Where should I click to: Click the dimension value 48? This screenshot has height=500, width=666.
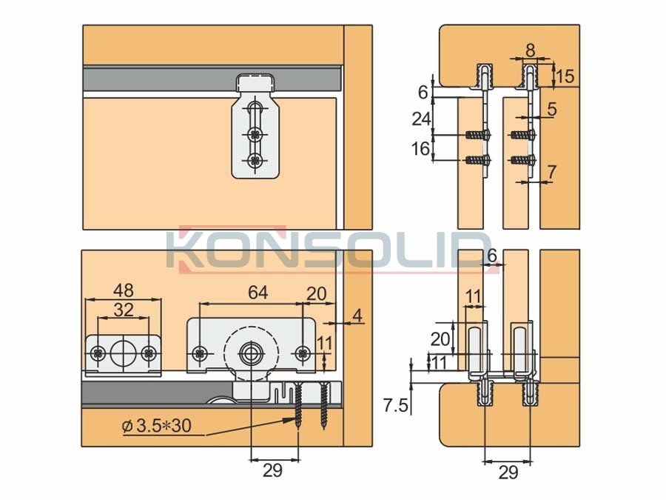tap(123, 291)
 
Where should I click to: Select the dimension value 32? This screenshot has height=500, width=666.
tap(124, 310)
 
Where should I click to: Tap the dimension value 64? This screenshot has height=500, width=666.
tap(258, 293)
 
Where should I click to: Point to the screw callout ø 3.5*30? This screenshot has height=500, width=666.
tap(156, 425)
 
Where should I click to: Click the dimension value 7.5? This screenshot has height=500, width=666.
tap(396, 406)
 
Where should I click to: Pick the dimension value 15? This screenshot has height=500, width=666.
tap(565, 76)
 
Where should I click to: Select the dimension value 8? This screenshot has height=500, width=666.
tap(530, 50)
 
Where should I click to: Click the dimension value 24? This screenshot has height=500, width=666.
tap(421, 119)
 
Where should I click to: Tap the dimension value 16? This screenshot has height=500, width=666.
tap(420, 149)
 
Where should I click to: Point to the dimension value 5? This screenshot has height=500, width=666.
tap(551, 110)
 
